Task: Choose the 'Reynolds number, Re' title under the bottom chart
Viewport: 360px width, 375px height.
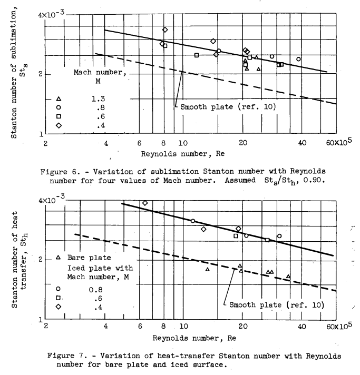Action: pyautogui.click(x=182, y=337)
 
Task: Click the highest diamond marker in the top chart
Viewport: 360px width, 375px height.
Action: pyautogui.click(x=165, y=29)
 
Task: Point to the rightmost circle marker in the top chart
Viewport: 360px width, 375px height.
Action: pyautogui.click(x=298, y=59)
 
